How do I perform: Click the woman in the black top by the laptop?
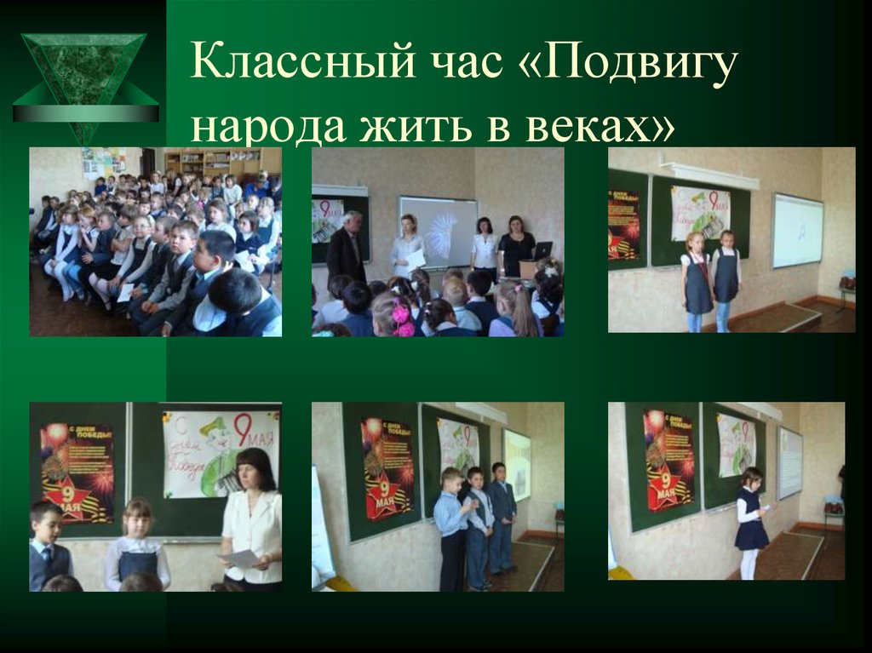(x=516, y=246)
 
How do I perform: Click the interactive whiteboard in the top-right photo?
(x=797, y=230)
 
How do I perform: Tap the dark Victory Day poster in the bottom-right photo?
(x=669, y=460)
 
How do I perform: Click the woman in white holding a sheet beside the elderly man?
(x=408, y=246)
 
